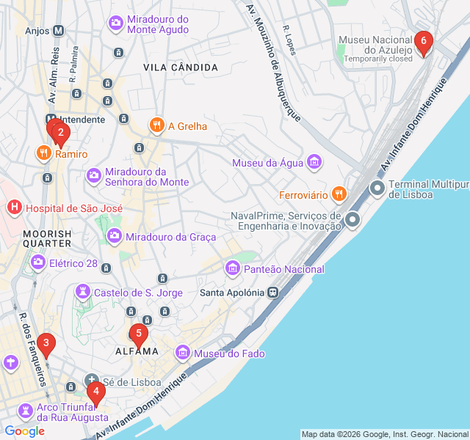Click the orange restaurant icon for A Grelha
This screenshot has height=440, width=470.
(x=156, y=125)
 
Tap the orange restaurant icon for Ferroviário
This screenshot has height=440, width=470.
(x=339, y=194)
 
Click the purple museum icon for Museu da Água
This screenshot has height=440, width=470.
(x=314, y=161)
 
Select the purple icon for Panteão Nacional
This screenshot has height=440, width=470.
(x=233, y=268)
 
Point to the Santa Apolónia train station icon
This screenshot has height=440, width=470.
(x=272, y=292)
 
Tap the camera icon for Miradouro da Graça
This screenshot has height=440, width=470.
(x=115, y=236)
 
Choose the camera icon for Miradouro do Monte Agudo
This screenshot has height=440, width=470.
(x=116, y=23)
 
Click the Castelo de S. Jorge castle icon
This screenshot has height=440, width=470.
(x=83, y=293)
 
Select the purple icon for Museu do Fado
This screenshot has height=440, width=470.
(x=184, y=353)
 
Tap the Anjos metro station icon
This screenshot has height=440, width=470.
(x=59, y=31)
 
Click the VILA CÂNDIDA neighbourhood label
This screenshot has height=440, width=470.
(x=181, y=67)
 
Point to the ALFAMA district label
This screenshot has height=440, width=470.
(x=137, y=351)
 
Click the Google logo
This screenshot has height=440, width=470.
(x=24, y=431)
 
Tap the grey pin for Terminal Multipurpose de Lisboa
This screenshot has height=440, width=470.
(x=377, y=188)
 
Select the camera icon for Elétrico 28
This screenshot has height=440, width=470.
(x=37, y=262)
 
